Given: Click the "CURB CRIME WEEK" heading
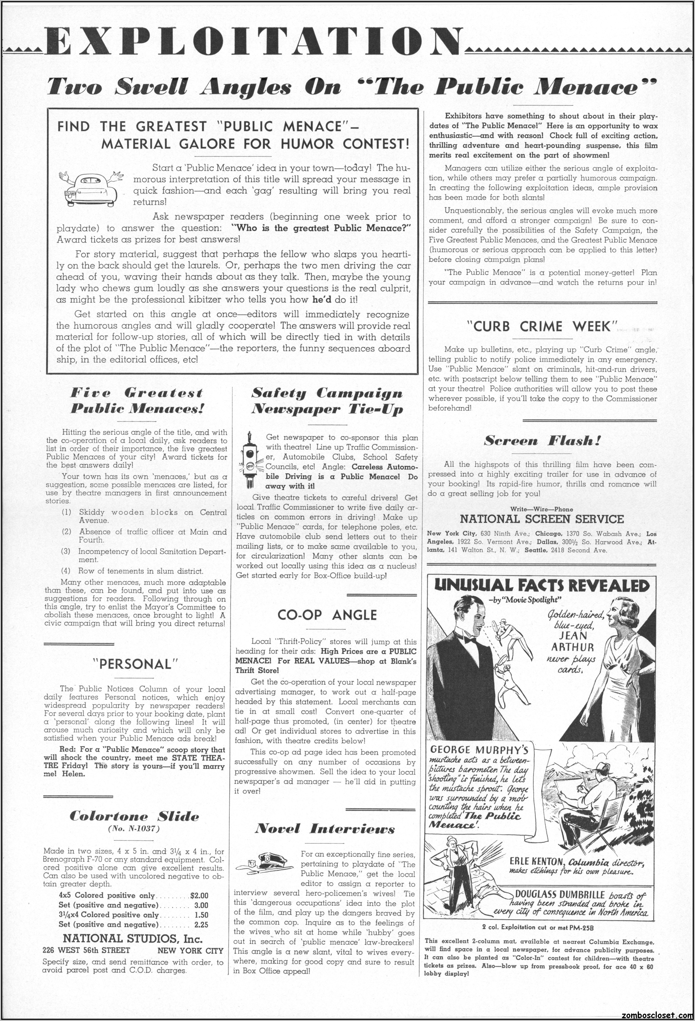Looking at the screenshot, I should (x=542, y=327).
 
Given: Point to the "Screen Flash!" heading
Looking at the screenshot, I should (x=542, y=440).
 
